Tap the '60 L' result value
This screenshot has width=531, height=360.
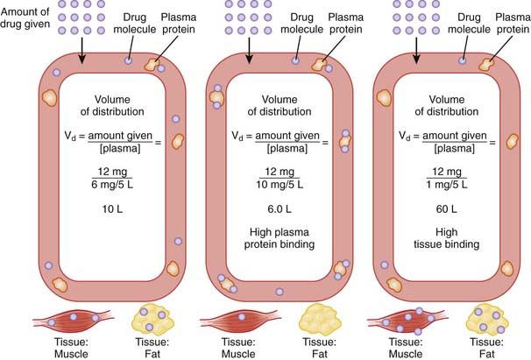(448, 207)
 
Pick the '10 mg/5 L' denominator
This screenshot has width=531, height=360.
(280, 184)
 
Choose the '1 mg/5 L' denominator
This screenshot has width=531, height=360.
(448, 184)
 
